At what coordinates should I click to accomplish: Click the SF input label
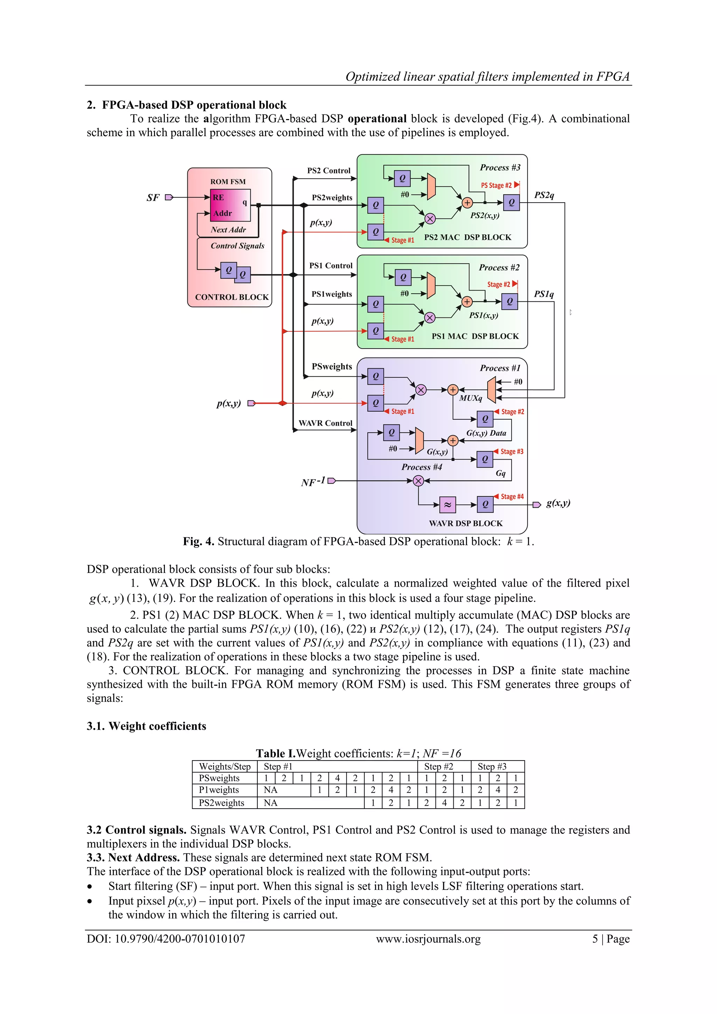pyautogui.click(x=153, y=198)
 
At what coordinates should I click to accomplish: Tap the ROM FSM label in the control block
pyautogui.click(x=228, y=182)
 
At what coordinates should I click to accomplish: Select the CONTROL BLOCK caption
pyautogui.click(x=231, y=297)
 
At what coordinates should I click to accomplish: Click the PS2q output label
pyautogui.click(x=544, y=195)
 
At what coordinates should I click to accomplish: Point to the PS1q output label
pyautogui.click(x=543, y=294)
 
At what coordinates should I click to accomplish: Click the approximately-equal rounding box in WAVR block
pyautogui.click(x=447, y=504)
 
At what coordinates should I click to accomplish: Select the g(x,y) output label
pyautogui.click(x=558, y=503)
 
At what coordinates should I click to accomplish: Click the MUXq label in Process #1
pyautogui.click(x=471, y=398)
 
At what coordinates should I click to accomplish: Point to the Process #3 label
pyautogui.click(x=500, y=167)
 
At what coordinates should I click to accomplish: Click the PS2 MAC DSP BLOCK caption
pyautogui.click(x=467, y=238)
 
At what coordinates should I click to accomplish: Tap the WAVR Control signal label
pyautogui.click(x=325, y=423)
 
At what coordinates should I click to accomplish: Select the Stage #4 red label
pyautogui.click(x=511, y=496)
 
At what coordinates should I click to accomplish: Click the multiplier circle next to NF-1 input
pyautogui.click(x=418, y=481)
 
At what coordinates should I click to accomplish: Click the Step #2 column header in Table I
pyautogui.click(x=438, y=767)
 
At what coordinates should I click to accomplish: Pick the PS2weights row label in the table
pyautogui.click(x=221, y=803)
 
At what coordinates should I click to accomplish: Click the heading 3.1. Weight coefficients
pyautogui.click(x=146, y=726)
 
